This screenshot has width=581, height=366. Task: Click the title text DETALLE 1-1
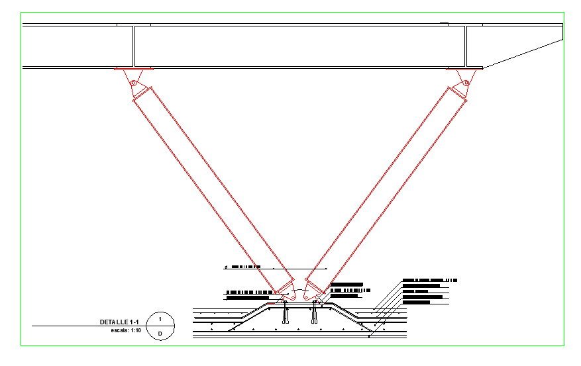pos(119,322)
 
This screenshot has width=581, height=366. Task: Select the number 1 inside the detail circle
pos(160,319)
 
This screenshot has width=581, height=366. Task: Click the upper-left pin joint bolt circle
pos(132,83)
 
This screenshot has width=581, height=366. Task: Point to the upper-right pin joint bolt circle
pos(466,83)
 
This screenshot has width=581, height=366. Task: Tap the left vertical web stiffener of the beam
pos(134,46)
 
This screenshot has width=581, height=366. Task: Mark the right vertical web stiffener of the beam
pos(466,46)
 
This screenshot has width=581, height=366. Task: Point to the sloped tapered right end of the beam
pos(523,53)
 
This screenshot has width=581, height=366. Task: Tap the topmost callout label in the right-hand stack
pos(430,280)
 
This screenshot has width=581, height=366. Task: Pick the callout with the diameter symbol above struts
pos(245,267)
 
